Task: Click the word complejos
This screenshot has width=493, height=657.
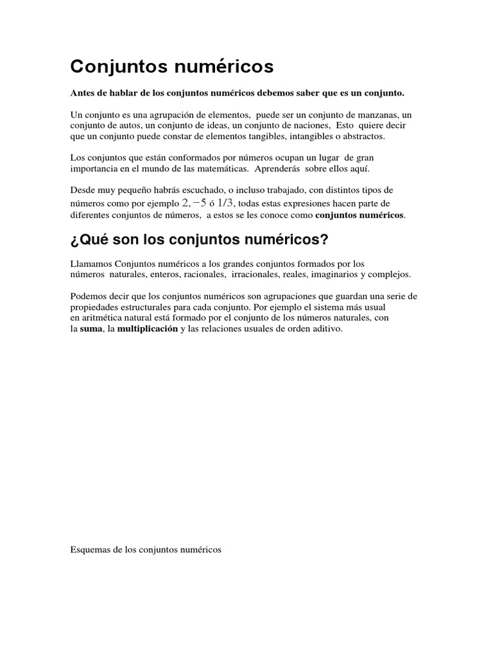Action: [389, 275]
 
